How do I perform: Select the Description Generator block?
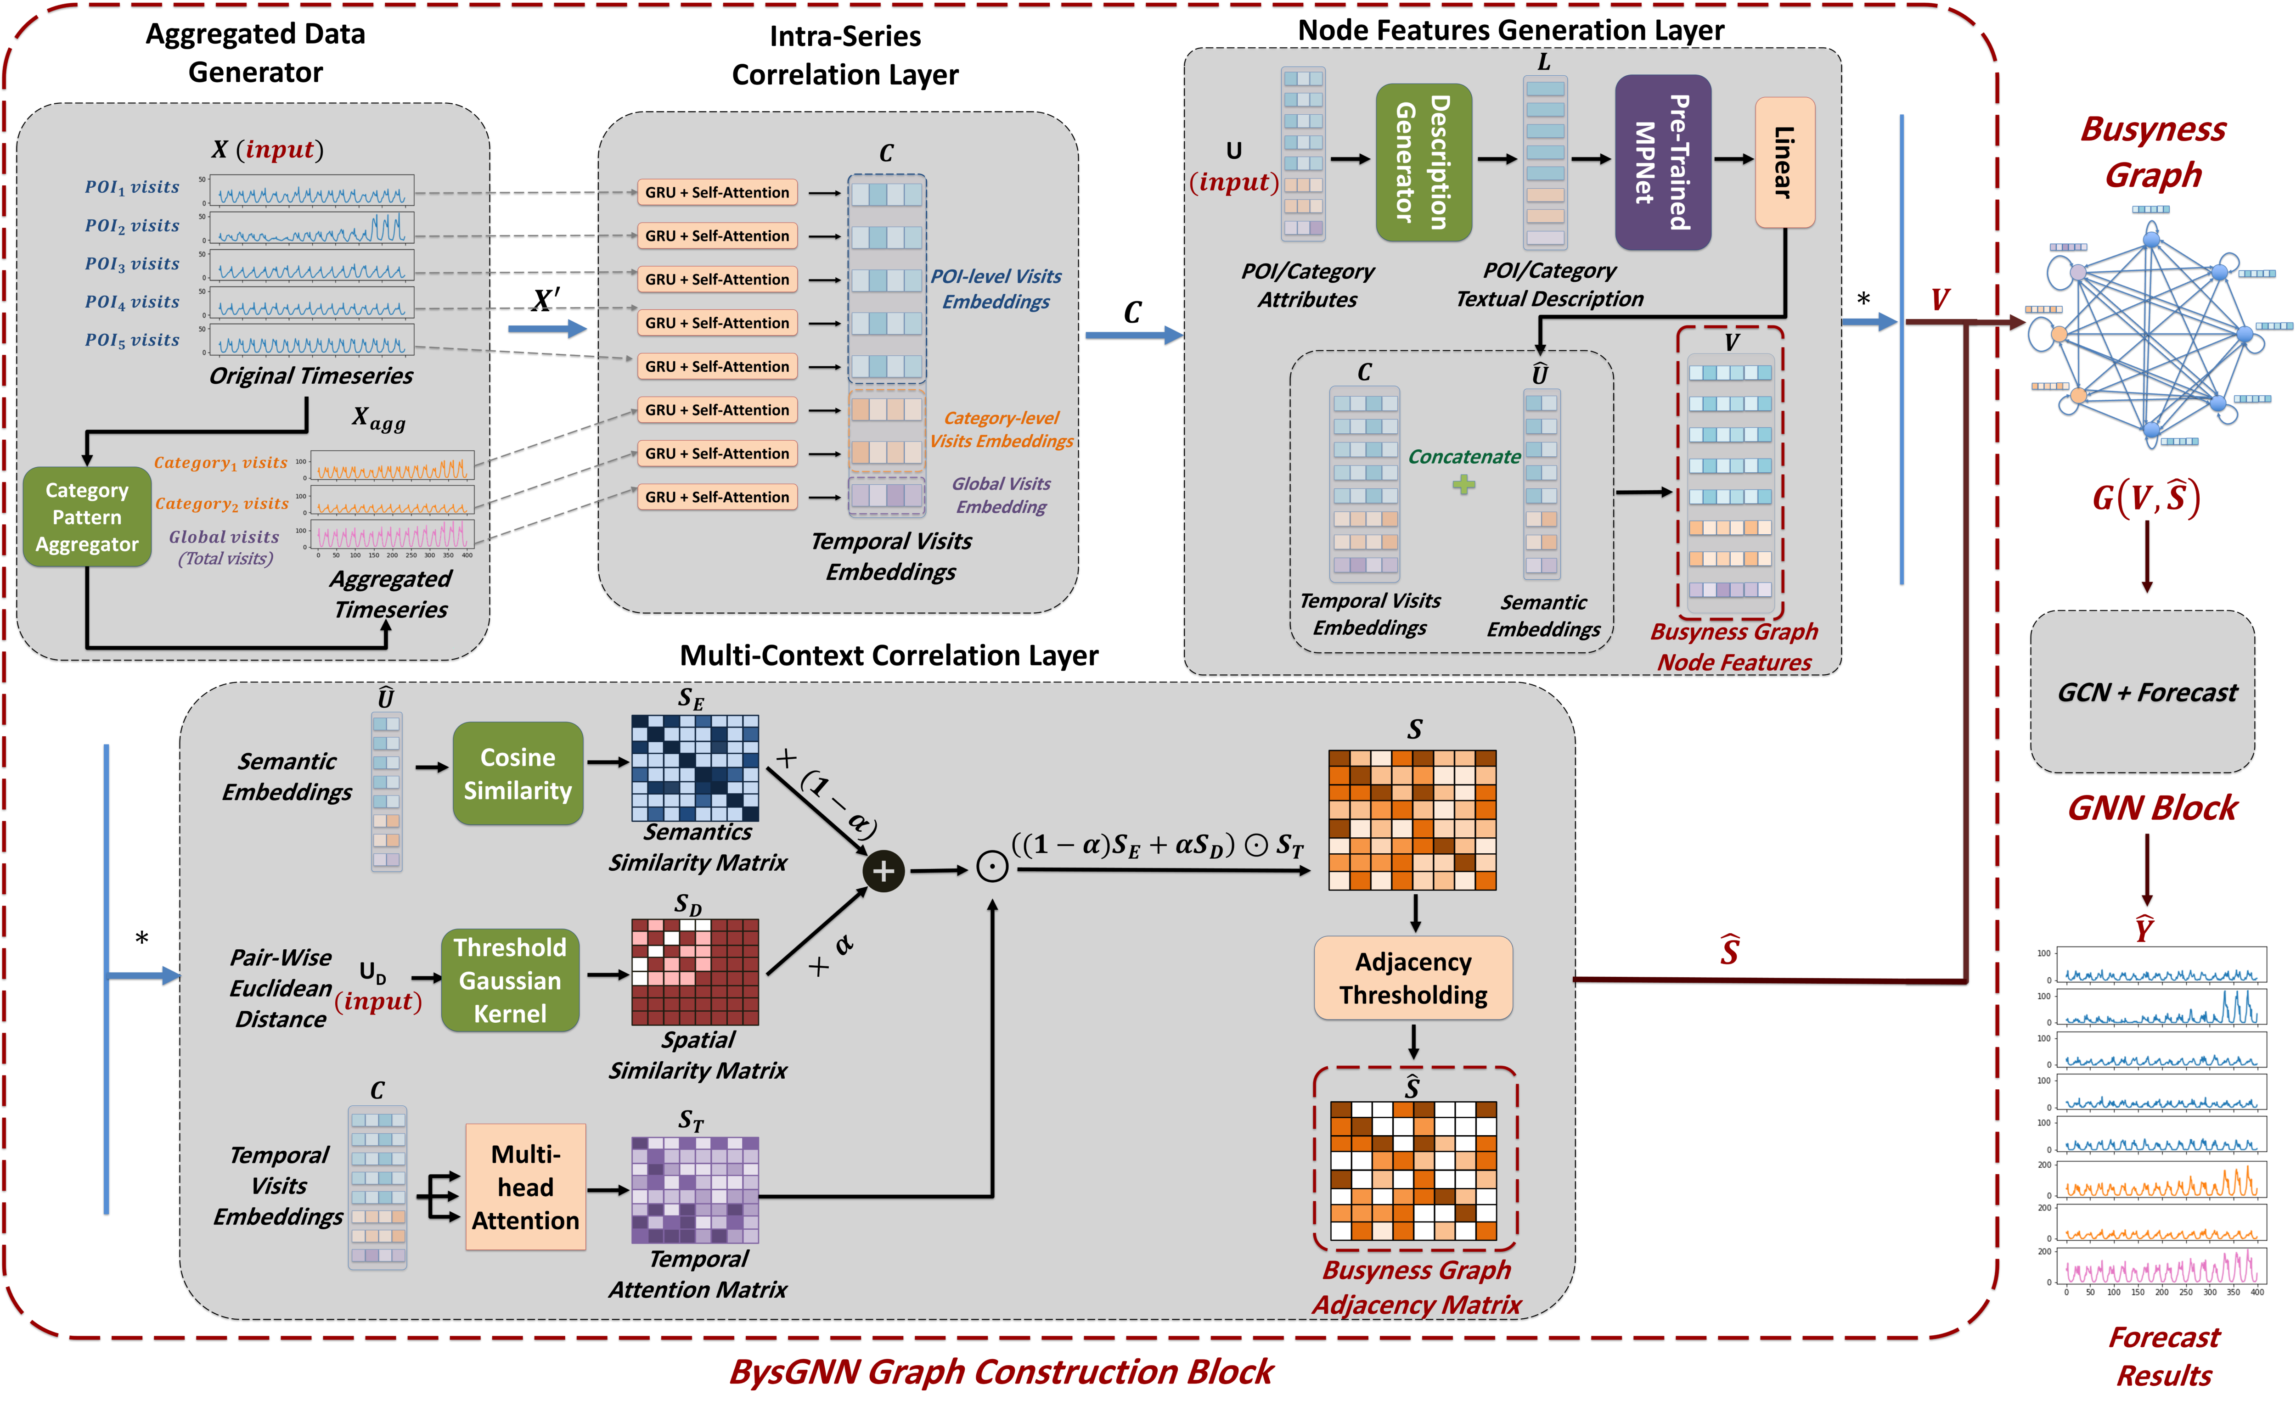tap(1423, 162)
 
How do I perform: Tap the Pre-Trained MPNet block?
tap(1662, 162)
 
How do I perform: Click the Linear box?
tap(1784, 162)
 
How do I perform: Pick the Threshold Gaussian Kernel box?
tap(510, 980)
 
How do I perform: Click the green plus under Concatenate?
tap(1463, 485)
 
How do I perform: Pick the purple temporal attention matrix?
tap(695, 1189)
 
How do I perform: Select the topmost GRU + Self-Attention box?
tap(717, 192)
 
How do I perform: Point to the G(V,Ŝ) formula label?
tap(2145, 498)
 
